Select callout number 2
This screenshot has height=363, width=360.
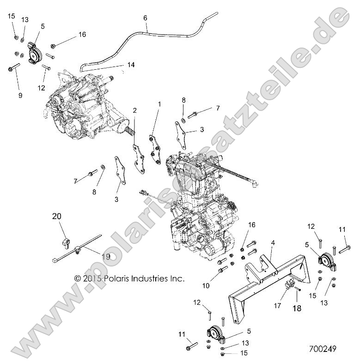122,110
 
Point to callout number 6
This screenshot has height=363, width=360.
146,18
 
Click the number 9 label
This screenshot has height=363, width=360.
20,96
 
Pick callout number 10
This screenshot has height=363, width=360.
205,286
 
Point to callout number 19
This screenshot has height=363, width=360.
106,257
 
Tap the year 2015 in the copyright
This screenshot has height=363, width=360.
91,278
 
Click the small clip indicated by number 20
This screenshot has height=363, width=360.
67,240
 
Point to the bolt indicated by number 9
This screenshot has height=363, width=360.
12,69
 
